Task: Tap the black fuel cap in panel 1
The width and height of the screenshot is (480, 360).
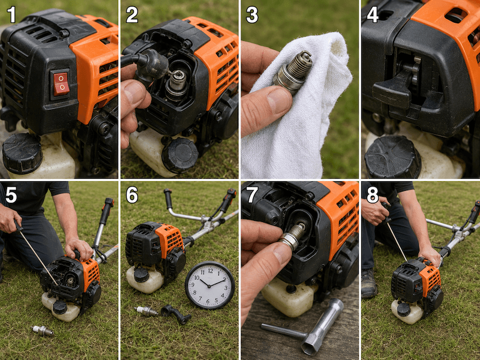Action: (x=22, y=153)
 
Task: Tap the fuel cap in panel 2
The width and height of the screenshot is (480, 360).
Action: (x=181, y=155)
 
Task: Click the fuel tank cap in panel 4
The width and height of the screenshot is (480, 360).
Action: (x=392, y=157)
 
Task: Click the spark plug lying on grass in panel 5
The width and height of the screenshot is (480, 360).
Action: (x=42, y=331)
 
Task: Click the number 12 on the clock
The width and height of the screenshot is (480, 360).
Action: (x=211, y=271)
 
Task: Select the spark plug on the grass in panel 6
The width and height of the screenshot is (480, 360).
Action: (x=146, y=311)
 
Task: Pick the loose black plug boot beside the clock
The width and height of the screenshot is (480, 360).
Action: (x=175, y=314)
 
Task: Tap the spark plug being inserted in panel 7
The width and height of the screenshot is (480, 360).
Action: (x=293, y=236)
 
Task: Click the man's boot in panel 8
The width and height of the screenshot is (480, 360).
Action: (x=368, y=283)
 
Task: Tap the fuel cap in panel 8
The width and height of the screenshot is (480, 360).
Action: (x=403, y=310)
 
